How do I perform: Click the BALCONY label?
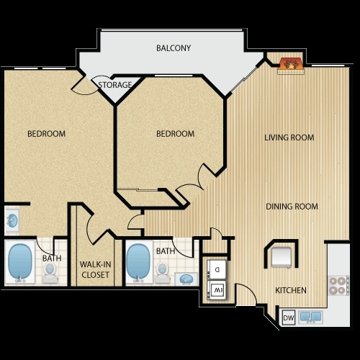pyautogui.click(x=174, y=48)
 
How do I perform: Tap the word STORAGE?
pyautogui.click(x=115, y=85)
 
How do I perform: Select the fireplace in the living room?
pyautogui.click(x=292, y=64)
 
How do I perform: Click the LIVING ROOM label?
pyautogui.click(x=289, y=138)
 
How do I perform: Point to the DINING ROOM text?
pyautogui.click(x=292, y=207)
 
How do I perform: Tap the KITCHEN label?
pyautogui.click(x=291, y=290)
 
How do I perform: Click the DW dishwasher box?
pyautogui.click(x=288, y=317)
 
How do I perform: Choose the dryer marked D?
pyautogui.click(x=217, y=270)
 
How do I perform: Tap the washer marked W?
pyautogui.click(x=217, y=290)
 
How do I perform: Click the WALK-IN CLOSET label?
pyautogui.click(x=94, y=270)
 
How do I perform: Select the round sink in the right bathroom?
pyautogui.click(x=186, y=278)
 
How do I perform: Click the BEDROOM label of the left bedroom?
pyautogui.click(x=47, y=134)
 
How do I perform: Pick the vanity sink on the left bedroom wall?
pyautogui.click(x=12, y=220)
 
